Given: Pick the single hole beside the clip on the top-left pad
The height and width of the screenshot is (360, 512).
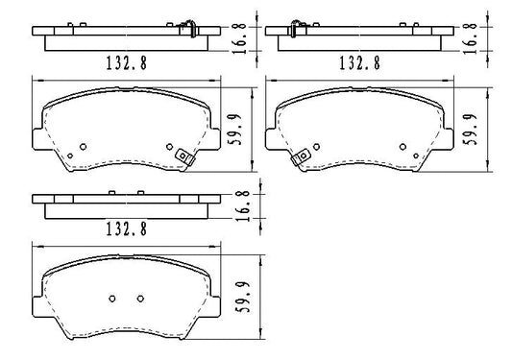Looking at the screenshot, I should click(170, 147).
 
